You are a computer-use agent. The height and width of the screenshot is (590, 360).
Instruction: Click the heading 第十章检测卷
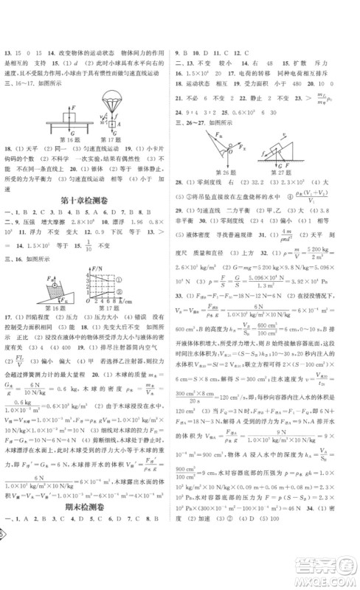91,200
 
